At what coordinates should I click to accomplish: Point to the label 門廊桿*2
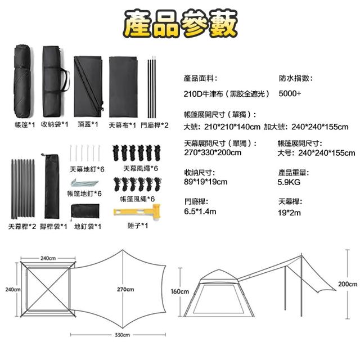tap(154, 125)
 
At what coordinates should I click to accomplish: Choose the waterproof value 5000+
tap(290, 93)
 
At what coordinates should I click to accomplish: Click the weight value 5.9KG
tap(289, 182)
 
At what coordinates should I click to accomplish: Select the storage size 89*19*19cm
tap(206, 182)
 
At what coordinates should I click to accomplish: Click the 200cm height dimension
tap(348, 284)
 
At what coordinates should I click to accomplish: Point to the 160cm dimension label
tap(179, 291)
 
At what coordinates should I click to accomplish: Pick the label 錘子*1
tap(137, 226)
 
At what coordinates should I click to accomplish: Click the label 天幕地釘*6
tap(87, 168)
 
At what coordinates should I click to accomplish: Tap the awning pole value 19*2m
tap(290, 213)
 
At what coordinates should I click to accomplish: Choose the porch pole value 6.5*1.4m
tap(200, 211)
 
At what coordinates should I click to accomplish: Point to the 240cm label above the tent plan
tap(47, 258)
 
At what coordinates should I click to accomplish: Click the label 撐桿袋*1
tap(55, 226)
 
